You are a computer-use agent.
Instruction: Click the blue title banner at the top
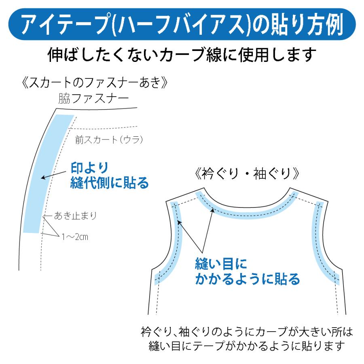coord(182,24)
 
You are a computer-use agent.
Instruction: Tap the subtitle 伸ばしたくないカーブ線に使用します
coord(182,55)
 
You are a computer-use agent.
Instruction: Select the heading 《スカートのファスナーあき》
coord(94,83)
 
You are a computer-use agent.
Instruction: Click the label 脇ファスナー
coord(93,98)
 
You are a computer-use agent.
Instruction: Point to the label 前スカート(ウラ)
coord(109,140)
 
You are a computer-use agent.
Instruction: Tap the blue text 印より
coord(90,167)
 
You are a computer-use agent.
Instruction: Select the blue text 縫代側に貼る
coord(109,183)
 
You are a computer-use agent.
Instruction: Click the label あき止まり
coord(75,216)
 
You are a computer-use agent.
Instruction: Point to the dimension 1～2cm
coord(75,237)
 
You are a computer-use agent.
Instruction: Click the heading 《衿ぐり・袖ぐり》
coord(247,174)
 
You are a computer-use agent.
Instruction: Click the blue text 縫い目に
coord(221,264)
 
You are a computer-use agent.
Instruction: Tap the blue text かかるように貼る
coord(248,279)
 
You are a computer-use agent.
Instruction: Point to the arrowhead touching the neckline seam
coord(213,210)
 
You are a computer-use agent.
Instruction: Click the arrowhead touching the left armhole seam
coord(179,222)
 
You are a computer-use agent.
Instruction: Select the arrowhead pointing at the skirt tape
coord(43,178)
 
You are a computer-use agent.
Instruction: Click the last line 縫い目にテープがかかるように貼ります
coord(247,346)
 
